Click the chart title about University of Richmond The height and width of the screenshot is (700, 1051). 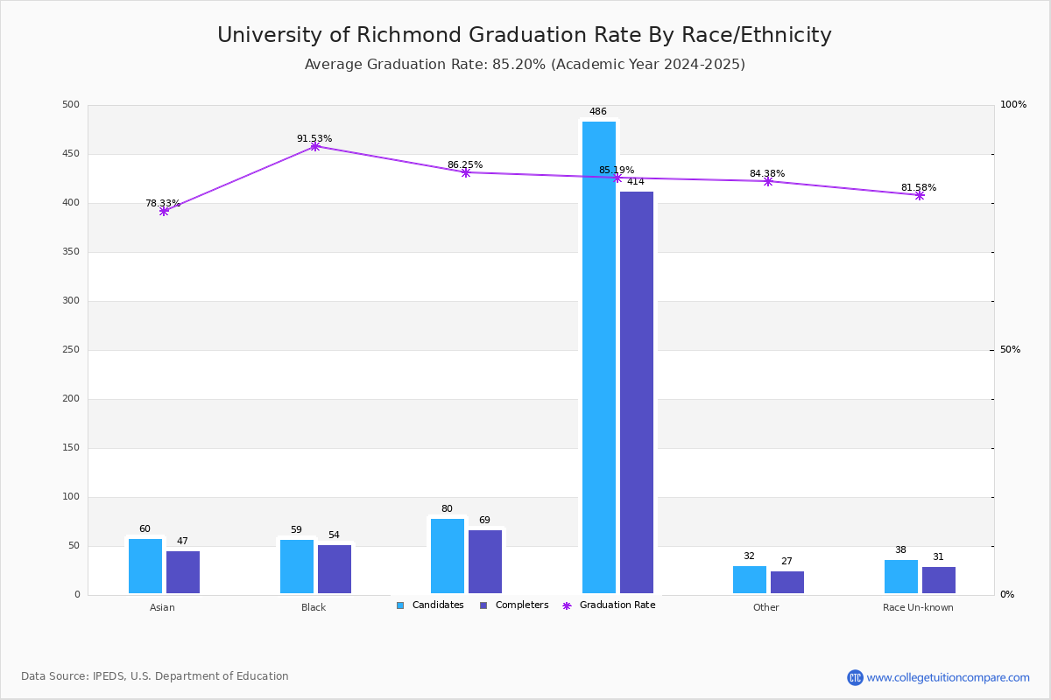524,35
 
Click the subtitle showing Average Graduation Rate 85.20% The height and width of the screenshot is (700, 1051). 524,65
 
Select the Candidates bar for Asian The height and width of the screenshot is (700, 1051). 145,566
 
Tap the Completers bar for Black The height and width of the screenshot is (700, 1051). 335,570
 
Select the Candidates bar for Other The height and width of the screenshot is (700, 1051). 750,579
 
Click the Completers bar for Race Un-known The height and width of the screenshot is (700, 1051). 939,580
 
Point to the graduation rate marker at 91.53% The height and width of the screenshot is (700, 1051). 315,146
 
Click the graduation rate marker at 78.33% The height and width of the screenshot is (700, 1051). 164,211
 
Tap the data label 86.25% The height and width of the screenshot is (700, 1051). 465,164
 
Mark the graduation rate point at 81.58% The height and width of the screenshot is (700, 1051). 920,195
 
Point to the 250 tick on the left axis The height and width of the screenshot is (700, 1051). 70,350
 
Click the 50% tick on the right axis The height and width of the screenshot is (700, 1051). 1010,350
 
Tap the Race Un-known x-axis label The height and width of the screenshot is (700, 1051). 918,607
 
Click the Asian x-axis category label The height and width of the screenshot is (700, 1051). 162,607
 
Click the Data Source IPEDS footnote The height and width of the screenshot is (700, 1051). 155,676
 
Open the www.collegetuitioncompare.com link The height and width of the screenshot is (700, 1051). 948,677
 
